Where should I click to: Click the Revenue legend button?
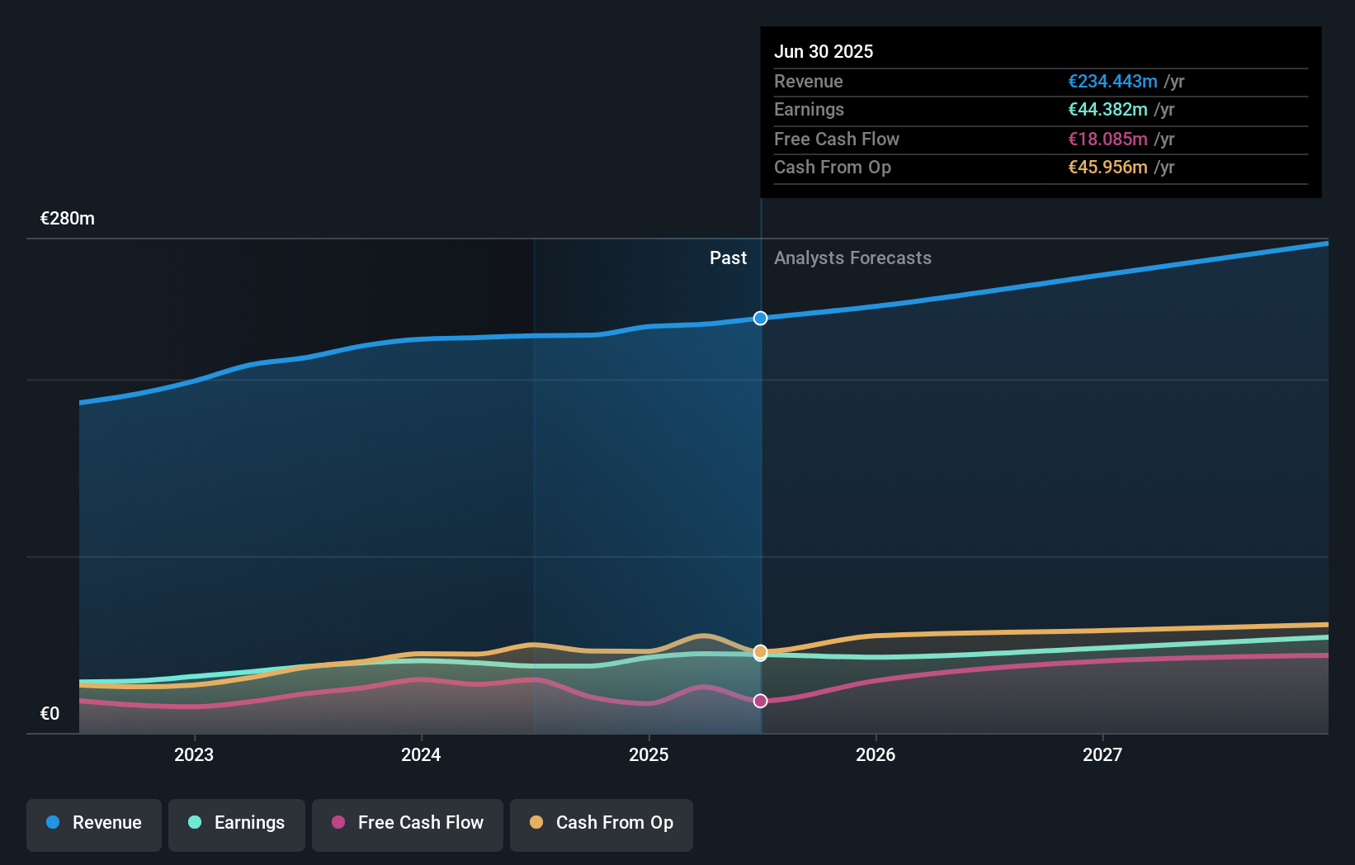pos(94,824)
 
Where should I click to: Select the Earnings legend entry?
pos(237,824)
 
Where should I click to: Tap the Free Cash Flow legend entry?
pos(408,824)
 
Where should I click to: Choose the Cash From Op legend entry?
pos(602,824)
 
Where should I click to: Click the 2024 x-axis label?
pos(421,754)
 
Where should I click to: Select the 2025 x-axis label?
pos(649,754)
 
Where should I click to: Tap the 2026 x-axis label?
pos(876,754)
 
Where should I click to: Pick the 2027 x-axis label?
pos(1102,754)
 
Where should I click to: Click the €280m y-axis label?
pos(68,219)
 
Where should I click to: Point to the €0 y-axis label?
pos(50,714)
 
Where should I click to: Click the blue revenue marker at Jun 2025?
pos(761,319)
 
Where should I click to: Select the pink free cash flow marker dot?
pos(761,701)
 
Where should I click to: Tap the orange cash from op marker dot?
pos(761,651)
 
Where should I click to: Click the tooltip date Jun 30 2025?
pos(824,51)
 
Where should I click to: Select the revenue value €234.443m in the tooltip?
pos(1112,81)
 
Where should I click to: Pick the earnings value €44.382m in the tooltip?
pos(1107,110)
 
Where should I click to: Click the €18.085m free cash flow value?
pos(1107,139)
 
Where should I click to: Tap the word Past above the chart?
pos(728,258)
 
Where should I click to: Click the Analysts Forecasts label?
pos(852,258)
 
